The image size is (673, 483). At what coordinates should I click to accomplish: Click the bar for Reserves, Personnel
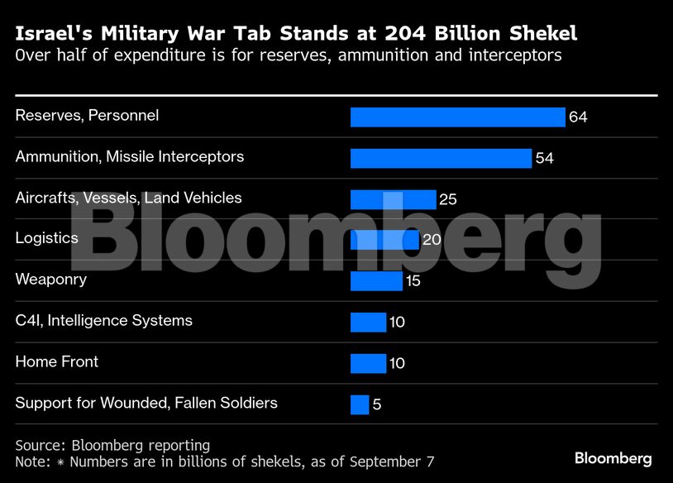457,117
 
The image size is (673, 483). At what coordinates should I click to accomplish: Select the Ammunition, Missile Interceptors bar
441,158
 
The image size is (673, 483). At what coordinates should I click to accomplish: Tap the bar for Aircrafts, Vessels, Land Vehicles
393,199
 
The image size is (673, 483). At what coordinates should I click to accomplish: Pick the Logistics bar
384,240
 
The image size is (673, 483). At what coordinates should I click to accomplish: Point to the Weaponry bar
376,281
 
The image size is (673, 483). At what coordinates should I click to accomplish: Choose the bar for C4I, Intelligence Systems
368,322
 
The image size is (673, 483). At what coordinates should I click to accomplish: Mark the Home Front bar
368,363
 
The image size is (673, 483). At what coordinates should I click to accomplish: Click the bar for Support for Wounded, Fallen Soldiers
360,404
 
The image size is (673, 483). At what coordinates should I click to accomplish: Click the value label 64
578,117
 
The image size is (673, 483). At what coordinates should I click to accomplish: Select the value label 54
544,159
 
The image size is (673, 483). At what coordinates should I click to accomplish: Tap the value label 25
448,199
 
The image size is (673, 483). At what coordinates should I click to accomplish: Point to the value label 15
413,281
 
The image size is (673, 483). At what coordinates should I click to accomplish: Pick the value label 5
376,405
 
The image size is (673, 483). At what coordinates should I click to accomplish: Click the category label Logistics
47,238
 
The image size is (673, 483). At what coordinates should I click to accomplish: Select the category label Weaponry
51,280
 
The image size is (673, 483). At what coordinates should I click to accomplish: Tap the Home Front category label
57,361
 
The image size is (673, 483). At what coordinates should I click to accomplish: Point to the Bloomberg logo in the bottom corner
613,458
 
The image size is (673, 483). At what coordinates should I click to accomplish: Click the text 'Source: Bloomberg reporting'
112,445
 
